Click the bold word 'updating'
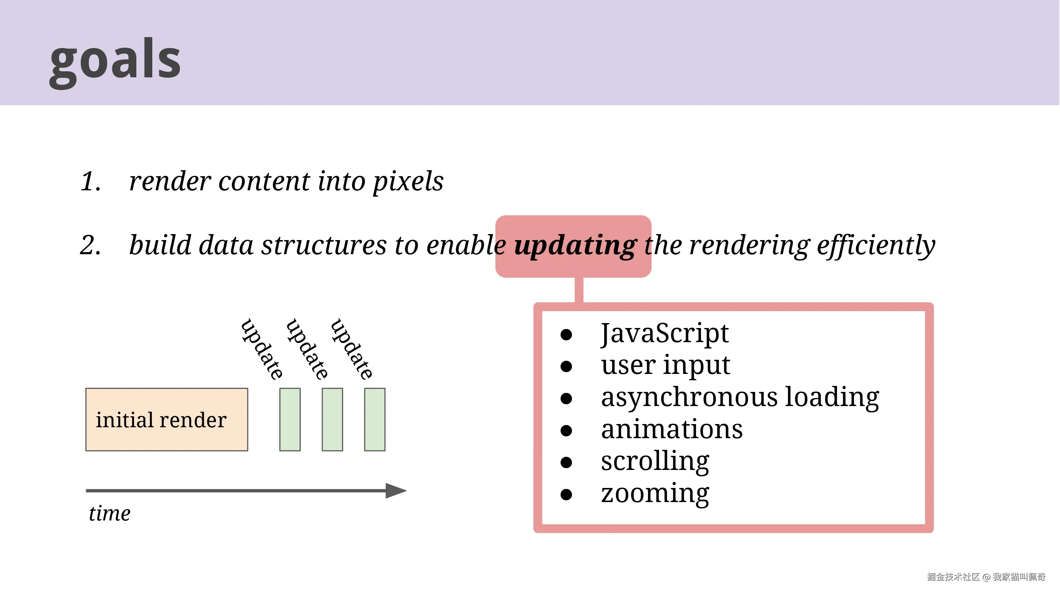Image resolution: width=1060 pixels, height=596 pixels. pyautogui.click(x=575, y=245)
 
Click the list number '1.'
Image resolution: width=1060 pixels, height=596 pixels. pyautogui.click(x=91, y=181)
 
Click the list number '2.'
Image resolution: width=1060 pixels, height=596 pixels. pyautogui.click(x=91, y=245)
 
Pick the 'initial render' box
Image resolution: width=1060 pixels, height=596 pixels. pyautogui.click(x=167, y=419)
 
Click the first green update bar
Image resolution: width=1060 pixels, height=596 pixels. pyautogui.click(x=290, y=419)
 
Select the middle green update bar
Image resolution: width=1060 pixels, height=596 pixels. pyautogui.click(x=332, y=419)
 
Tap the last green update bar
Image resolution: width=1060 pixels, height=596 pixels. pyautogui.click(x=375, y=419)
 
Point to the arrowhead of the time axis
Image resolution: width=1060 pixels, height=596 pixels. pyautogui.click(x=396, y=490)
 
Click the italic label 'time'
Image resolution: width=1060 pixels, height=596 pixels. pyautogui.click(x=110, y=513)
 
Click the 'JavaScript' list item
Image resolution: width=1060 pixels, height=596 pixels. pyautogui.click(x=665, y=333)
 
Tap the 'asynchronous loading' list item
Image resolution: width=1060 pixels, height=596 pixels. pyautogui.click(x=740, y=397)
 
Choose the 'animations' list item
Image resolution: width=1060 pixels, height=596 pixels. pyautogui.click(x=672, y=429)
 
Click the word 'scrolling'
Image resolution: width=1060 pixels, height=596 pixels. pyautogui.click(x=655, y=461)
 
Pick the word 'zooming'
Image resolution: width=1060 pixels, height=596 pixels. pyautogui.click(x=655, y=494)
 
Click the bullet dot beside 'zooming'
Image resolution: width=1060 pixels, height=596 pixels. pyautogui.click(x=566, y=494)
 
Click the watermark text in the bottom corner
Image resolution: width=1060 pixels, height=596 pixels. pyautogui.click(x=986, y=577)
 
